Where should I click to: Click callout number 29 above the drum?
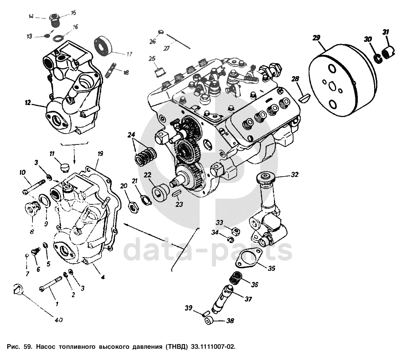[x=316, y=38]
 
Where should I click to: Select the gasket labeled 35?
[x=248, y=259]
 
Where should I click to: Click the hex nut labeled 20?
[x=133, y=207]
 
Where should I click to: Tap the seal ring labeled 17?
[x=104, y=46]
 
